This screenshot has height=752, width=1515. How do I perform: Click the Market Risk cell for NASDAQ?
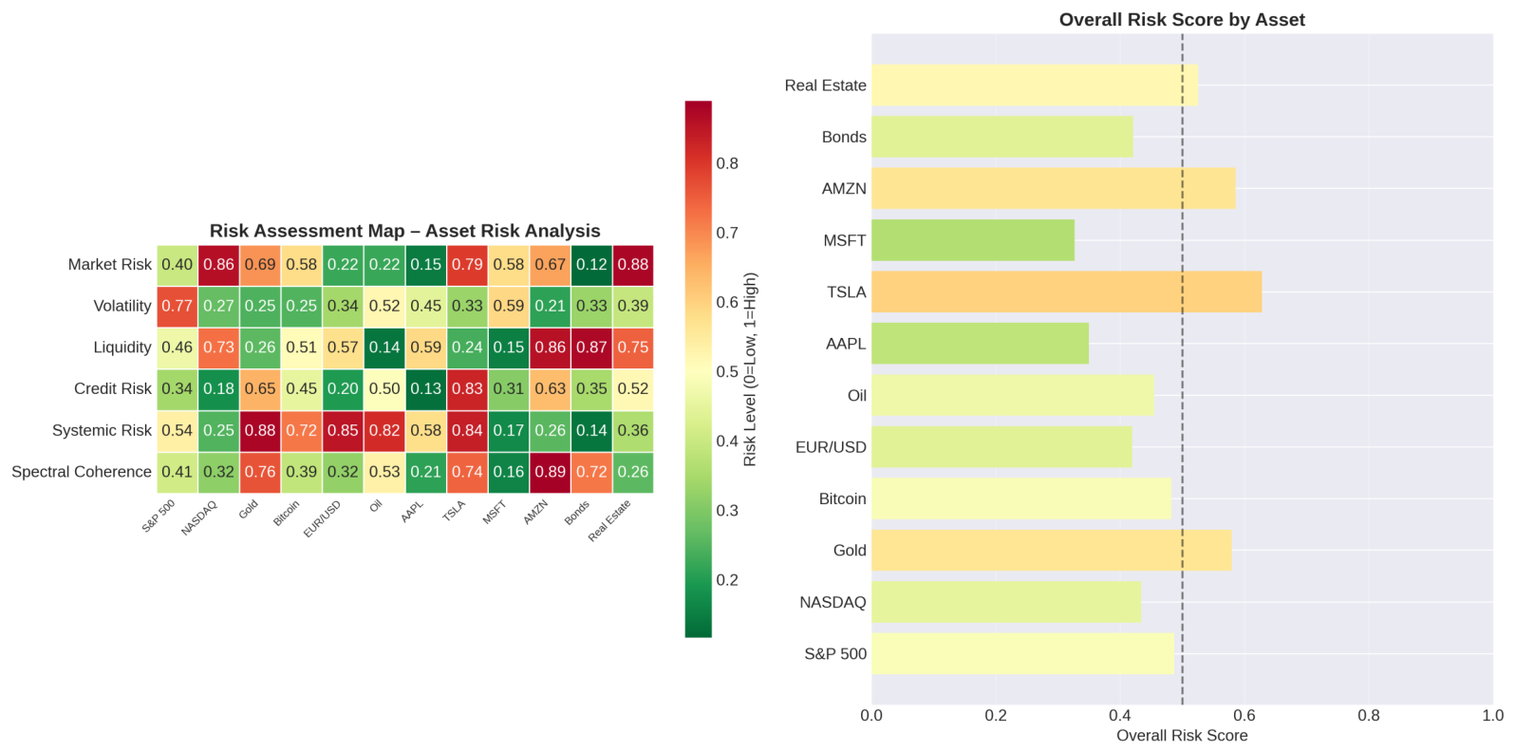coord(218,265)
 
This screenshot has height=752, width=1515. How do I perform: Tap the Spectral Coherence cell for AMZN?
coord(551,472)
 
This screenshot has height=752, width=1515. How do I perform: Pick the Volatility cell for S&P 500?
coord(178,307)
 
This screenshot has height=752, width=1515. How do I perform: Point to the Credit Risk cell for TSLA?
coord(467,389)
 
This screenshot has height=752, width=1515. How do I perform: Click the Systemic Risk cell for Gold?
coord(260,431)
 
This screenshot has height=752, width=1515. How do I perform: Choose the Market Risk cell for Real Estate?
coord(633,265)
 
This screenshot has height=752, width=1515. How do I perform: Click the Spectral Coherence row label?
coord(82,472)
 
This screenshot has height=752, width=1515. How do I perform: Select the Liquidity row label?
coord(122,348)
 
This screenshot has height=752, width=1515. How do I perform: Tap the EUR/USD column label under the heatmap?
coord(323,519)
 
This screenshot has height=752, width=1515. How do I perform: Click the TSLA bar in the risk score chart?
coord(1067,292)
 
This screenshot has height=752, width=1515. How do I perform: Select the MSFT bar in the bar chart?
coord(973,240)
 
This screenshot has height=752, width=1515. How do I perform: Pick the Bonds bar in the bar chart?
coord(1002,137)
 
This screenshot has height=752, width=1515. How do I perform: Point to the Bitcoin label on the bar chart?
coord(842,499)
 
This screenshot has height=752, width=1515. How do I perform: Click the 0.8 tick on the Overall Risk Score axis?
coord(1369,716)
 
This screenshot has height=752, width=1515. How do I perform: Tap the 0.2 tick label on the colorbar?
coord(727,580)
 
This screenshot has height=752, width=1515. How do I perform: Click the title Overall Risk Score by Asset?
coord(1182,20)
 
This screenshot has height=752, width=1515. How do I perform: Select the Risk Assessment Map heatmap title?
coord(405,231)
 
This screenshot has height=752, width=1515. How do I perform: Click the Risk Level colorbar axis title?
coord(750,369)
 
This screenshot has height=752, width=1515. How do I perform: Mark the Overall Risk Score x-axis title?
coord(1182,736)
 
